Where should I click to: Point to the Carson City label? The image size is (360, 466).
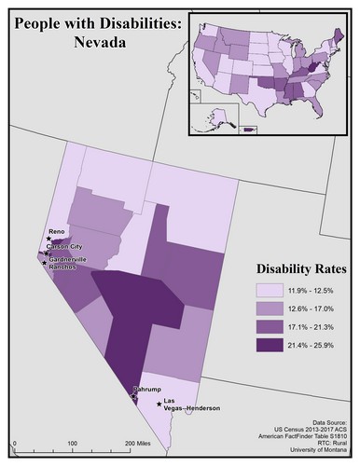coord(65,247)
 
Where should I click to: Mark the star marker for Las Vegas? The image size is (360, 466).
coord(158,404)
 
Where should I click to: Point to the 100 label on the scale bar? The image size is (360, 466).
coord(73,444)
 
